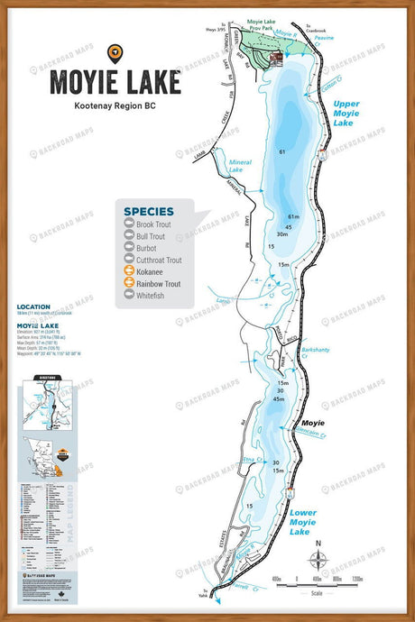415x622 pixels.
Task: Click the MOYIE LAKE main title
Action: pyautogui.click(x=115, y=81)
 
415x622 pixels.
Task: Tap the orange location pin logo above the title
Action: pyautogui.click(x=115, y=52)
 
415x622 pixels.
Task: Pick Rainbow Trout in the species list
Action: pyautogui.click(x=162, y=282)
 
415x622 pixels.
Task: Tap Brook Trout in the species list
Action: pyautogui.click(x=158, y=223)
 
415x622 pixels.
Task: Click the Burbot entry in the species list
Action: pyautogui.click(x=152, y=245)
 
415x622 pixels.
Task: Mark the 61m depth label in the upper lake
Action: pyautogui.click(x=293, y=217)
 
